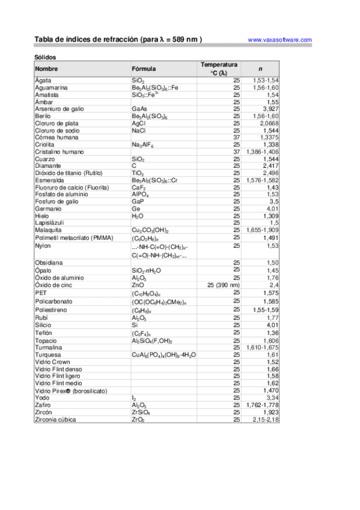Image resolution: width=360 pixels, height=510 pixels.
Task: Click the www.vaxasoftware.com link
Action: point(279,40)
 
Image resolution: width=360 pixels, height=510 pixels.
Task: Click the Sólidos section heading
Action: point(46,57)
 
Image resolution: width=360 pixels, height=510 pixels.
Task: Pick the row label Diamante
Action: point(48,165)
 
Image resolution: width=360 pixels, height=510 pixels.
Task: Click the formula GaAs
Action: point(139,109)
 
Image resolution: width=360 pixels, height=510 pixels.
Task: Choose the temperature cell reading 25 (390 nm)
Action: point(223,285)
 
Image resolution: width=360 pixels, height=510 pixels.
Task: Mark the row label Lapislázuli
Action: point(51,223)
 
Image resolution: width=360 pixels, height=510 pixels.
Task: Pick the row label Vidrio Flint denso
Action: point(58,369)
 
